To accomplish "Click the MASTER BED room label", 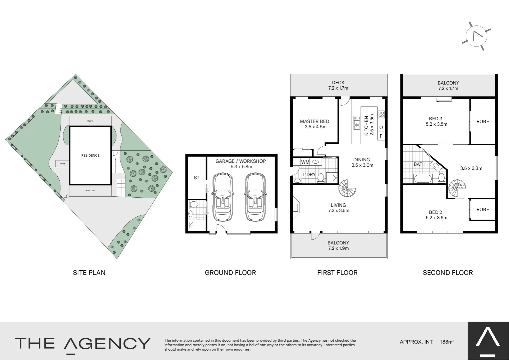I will click(x=314, y=121).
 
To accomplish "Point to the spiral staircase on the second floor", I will click(x=456, y=189).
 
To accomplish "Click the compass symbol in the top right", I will click(x=476, y=36).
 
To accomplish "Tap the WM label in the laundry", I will click(x=305, y=162).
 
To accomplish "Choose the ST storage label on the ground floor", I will click(x=196, y=178).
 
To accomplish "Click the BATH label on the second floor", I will click(x=420, y=164).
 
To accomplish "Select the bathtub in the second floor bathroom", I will click(x=423, y=178).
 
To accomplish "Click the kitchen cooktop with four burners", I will click(x=381, y=114).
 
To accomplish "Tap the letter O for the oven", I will click(x=381, y=127).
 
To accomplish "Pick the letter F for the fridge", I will click(x=381, y=136).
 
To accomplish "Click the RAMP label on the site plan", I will click(x=62, y=164).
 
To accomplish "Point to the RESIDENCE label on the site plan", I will click(x=90, y=155).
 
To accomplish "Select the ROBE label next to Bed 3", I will click(x=483, y=121).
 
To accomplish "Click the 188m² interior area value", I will click(x=447, y=342).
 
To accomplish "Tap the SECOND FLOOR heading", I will click(x=448, y=273).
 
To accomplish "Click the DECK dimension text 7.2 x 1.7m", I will click(x=338, y=88).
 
